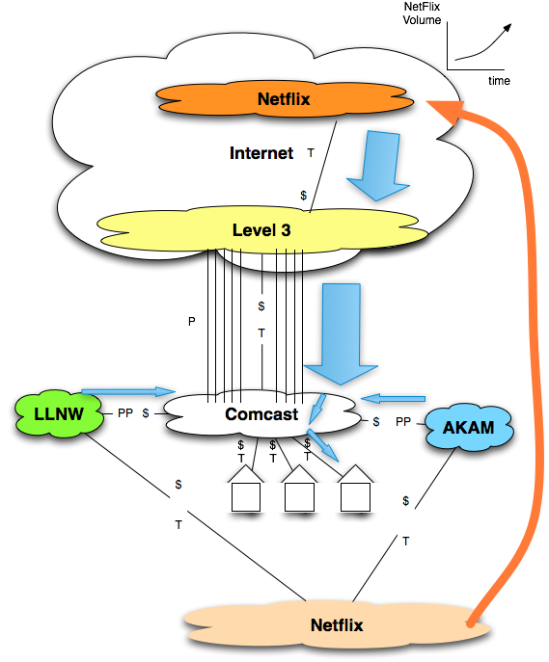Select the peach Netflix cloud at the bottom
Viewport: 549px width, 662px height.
(337, 624)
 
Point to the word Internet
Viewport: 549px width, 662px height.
(261, 153)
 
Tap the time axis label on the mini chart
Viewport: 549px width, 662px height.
(498, 81)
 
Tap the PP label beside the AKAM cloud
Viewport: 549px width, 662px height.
(402, 421)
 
